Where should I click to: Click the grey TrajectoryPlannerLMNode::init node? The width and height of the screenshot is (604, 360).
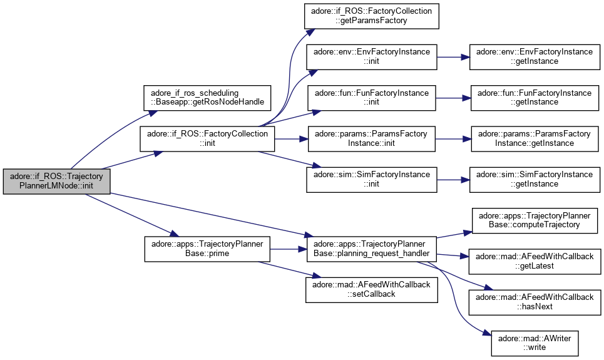(57, 182)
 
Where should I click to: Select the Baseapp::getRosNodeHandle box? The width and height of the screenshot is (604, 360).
(207, 97)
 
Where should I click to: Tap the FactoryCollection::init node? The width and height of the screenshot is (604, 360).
(207, 138)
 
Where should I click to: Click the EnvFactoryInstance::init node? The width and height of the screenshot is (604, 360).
(371, 57)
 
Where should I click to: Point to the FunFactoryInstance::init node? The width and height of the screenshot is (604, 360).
(371, 98)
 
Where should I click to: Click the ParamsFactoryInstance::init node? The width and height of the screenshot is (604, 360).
(371, 138)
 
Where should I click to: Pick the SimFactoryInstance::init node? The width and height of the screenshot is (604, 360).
(371, 179)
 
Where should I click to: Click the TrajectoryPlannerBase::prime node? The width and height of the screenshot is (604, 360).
(207, 249)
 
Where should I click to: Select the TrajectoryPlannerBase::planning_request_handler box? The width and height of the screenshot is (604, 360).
(371, 249)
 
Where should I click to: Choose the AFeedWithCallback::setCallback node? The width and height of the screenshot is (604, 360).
(371, 289)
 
